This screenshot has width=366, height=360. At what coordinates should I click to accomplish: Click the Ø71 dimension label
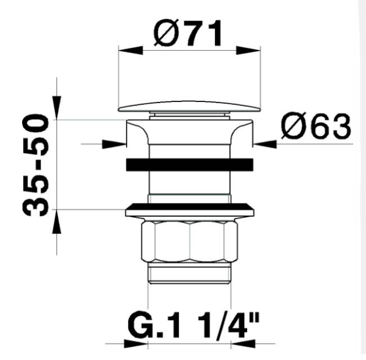pyautogui.click(x=188, y=34)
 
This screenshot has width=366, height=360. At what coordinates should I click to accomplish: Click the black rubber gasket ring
pyautogui.click(x=189, y=164)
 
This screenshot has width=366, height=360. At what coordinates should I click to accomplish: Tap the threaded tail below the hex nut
pyautogui.click(x=189, y=273)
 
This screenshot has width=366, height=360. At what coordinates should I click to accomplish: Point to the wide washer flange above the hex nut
pyautogui.click(x=189, y=209)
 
